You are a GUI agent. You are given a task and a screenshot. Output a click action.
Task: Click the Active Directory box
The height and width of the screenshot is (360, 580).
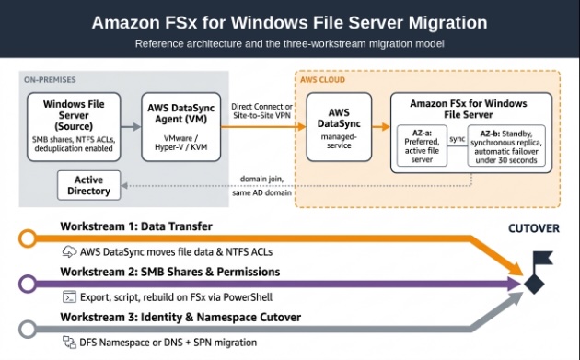88,185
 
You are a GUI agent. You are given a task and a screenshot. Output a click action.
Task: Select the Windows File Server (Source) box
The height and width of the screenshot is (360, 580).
74,126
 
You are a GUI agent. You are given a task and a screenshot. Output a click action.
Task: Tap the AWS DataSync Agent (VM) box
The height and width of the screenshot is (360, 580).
180,126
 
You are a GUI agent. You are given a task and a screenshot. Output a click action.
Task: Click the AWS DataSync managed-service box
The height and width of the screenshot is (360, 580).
339,126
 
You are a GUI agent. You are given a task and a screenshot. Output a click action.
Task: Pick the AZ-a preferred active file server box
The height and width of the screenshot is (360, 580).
422,145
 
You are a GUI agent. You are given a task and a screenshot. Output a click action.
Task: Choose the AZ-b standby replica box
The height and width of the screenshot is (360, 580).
506,145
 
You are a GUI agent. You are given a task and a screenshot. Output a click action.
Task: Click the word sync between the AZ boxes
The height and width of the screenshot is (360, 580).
458,139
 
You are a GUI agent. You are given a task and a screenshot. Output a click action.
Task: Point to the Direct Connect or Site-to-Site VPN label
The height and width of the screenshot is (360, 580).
261,110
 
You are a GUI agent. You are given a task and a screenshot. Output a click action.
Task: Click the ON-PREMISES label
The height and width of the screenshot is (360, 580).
50,79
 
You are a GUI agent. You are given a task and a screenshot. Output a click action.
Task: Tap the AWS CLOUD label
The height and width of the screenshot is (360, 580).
322,79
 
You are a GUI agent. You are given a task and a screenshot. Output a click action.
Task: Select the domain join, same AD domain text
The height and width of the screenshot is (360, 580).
261,186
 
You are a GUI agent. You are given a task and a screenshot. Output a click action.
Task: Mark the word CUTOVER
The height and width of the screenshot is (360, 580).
534,228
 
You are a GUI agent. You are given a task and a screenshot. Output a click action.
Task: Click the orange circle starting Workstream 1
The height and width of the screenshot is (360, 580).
28,238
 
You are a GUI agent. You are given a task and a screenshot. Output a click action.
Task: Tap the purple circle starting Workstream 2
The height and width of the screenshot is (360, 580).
28,284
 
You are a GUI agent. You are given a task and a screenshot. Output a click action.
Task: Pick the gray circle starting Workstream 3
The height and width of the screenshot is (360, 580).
28,329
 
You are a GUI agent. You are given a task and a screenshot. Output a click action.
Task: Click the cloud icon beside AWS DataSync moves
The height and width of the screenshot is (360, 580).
69,251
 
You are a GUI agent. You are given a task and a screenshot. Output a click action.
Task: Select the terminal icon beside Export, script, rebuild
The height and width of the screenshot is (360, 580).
69,296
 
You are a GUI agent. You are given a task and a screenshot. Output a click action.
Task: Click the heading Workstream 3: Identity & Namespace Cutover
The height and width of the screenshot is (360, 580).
180,317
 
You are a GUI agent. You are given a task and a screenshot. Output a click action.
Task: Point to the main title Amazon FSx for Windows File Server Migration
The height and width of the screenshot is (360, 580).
290,23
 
